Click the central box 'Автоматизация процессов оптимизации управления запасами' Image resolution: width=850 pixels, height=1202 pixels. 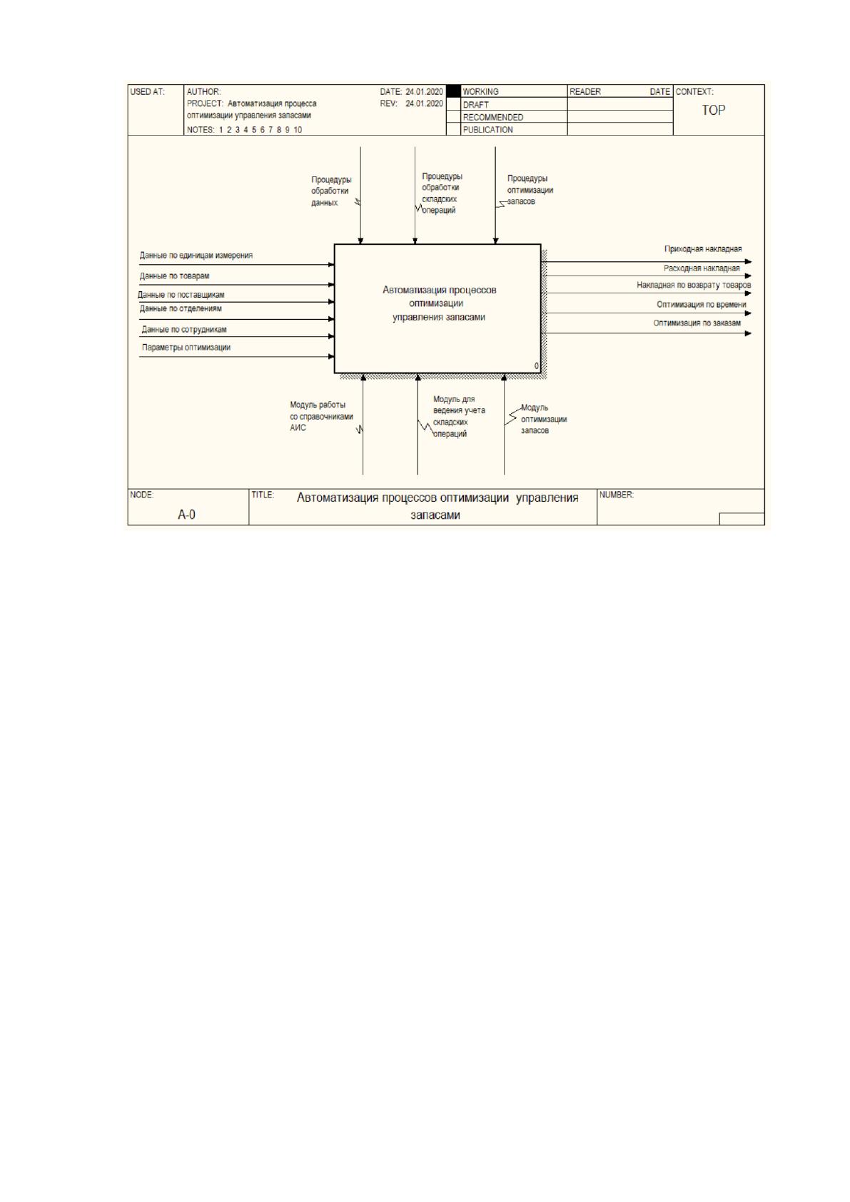pos(437,308)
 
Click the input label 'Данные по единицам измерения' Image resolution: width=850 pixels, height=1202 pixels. pos(196,256)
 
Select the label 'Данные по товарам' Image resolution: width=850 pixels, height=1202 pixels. pos(174,276)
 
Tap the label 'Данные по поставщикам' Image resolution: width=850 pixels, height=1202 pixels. pos(181,295)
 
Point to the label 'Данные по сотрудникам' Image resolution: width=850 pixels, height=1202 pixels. pos(184,330)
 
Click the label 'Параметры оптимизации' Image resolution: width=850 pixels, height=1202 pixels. pos(186,347)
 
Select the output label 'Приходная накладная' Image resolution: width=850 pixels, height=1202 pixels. pos(703,249)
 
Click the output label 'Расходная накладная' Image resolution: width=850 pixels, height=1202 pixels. pos(702,268)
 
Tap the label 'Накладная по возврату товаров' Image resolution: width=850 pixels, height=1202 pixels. pos(694,285)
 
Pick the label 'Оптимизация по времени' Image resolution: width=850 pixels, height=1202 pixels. pos(702,304)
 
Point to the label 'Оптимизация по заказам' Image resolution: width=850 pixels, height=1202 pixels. pos(697,323)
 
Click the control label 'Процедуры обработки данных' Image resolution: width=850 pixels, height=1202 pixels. pos(331,191)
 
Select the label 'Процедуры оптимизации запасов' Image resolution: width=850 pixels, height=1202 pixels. pos(530,190)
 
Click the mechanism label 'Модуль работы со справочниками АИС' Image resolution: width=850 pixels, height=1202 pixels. pos(321,416)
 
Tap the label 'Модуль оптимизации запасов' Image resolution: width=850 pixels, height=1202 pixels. pos(544,419)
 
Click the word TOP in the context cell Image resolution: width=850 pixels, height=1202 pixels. pos(713,110)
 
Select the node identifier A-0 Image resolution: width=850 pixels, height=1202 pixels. pos(186,515)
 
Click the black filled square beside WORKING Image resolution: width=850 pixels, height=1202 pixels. pos(453,91)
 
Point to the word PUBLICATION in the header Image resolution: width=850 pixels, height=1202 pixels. pos(487,130)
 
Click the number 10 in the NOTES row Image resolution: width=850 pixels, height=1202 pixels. pos(298,130)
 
